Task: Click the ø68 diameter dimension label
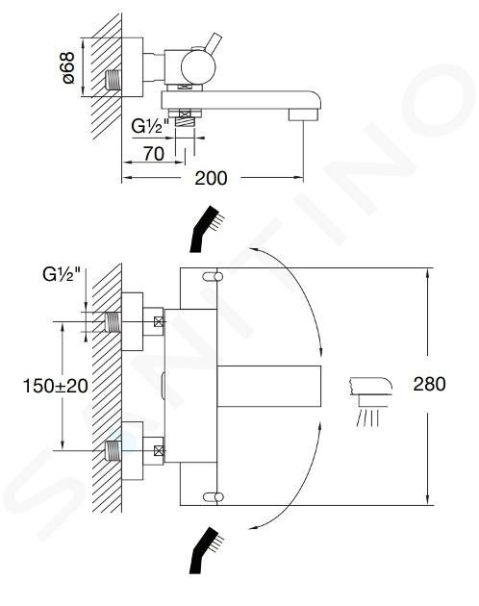(68, 67)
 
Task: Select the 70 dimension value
(154, 154)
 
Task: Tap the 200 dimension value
(211, 178)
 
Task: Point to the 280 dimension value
(429, 384)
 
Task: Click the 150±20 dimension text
(56, 386)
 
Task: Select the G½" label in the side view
(150, 126)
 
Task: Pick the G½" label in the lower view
(62, 274)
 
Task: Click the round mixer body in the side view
(198, 67)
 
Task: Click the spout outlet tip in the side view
(303, 114)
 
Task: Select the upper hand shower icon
(207, 229)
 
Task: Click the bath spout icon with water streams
(370, 402)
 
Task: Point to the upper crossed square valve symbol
(159, 321)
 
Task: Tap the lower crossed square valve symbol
(159, 450)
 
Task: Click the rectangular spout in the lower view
(269, 386)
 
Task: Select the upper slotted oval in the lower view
(213, 277)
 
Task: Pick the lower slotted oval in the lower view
(213, 496)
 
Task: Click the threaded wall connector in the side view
(113, 80)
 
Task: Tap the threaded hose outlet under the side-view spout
(185, 122)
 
